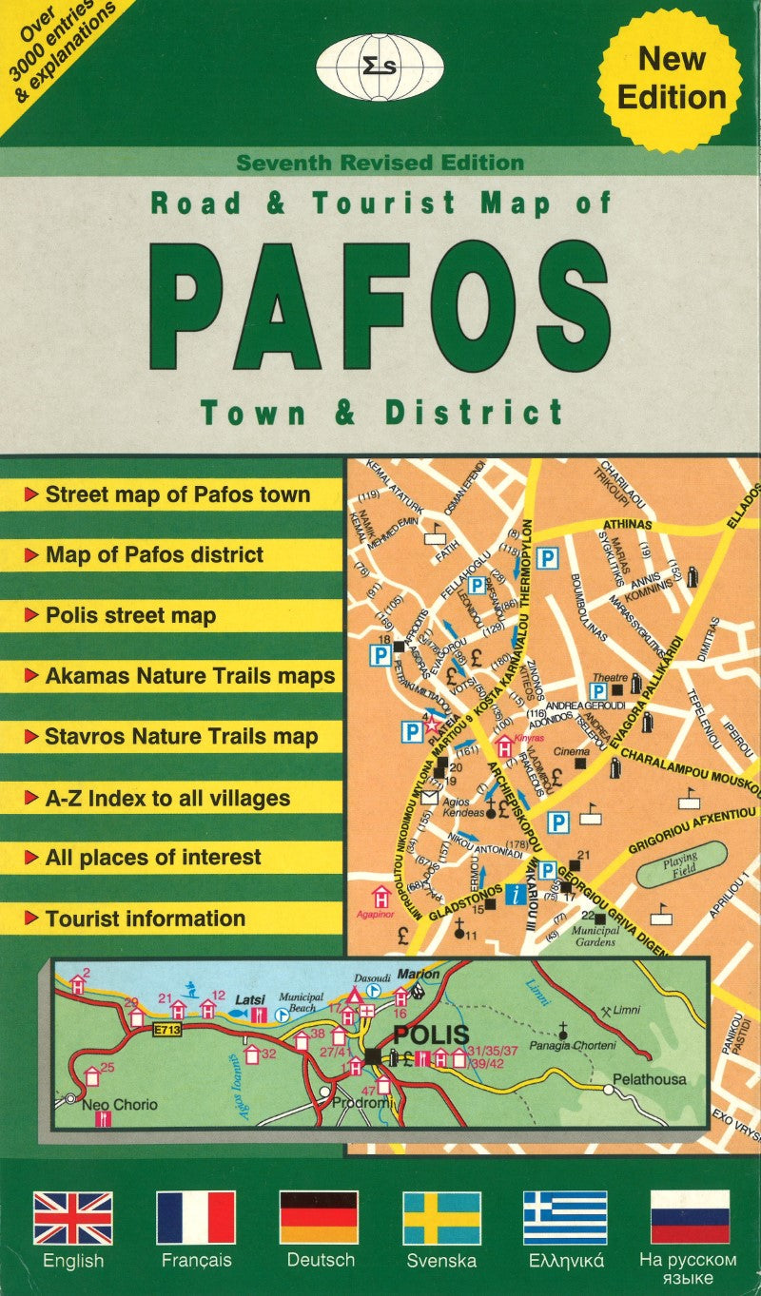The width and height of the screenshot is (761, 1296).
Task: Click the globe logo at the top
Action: point(380,66)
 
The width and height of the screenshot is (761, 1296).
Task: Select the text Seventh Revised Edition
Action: point(380,163)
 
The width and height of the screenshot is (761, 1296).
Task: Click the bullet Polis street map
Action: point(130,615)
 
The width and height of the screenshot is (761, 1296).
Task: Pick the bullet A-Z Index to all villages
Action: point(167,798)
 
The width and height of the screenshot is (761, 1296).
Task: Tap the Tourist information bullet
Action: point(145,919)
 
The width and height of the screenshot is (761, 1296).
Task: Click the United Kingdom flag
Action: point(73,1217)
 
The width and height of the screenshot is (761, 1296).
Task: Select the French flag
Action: point(196,1217)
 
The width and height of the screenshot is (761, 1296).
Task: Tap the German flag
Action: point(319,1217)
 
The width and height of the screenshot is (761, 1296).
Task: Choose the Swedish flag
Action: point(441,1217)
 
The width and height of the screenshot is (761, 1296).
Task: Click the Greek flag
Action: point(565,1217)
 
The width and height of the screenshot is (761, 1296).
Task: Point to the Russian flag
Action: point(688,1217)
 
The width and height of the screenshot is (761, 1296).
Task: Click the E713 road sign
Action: point(166,1032)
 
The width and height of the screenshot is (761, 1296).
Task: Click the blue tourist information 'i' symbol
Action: point(517,893)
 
